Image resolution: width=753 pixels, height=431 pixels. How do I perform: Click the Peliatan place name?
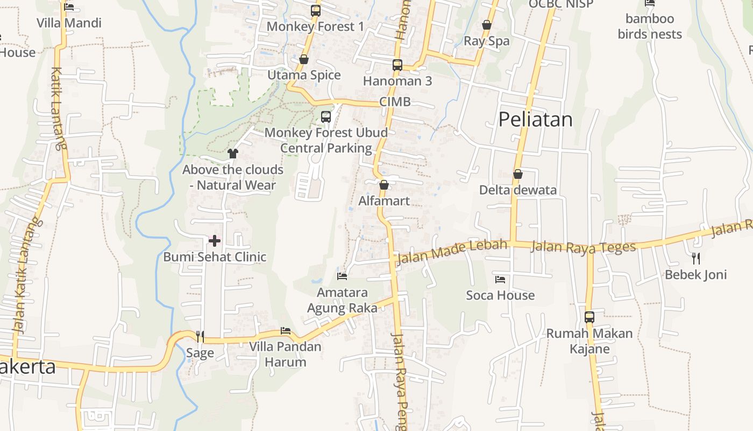[x=535, y=119]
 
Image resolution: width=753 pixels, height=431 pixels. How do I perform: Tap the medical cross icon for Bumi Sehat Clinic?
[x=215, y=240]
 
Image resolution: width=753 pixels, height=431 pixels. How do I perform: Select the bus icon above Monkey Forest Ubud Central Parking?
[x=325, y=116]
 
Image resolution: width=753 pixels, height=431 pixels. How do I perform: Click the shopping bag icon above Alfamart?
[x=383, y=185]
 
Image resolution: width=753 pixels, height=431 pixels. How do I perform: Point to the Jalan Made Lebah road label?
[x=452, y=252]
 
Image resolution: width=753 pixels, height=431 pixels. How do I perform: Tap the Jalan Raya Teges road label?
[x=583, y=247]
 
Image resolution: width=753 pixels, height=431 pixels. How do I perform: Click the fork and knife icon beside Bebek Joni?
[x=696, y=258]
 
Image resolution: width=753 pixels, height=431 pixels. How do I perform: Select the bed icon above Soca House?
[x=500, y=279]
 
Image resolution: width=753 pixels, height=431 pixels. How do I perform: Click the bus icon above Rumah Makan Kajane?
[x=589, y=317]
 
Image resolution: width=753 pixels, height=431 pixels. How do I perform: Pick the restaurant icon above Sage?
[x=200, y=337]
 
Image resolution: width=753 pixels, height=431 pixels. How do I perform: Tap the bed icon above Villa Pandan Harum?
[x=285, y=331]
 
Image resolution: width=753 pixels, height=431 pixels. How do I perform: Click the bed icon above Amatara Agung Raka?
[x=342, y=276]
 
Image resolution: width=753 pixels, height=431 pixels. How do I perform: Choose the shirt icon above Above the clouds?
[x=232, y=154]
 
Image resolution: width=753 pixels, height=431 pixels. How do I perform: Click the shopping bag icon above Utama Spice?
[x=304, y=59]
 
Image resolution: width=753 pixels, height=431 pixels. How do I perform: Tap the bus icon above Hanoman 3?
[x=397, y=65]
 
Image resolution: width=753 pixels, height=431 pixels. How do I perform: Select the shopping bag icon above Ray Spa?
[x=486, y=25]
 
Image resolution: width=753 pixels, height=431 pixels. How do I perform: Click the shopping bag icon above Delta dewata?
[x=517, y=174]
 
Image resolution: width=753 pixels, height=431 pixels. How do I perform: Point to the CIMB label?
[x=395, y=102]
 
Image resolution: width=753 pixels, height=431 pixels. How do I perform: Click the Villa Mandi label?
[x=69, y=23]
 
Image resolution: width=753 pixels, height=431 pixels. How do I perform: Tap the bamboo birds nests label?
[x=650, y=26]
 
